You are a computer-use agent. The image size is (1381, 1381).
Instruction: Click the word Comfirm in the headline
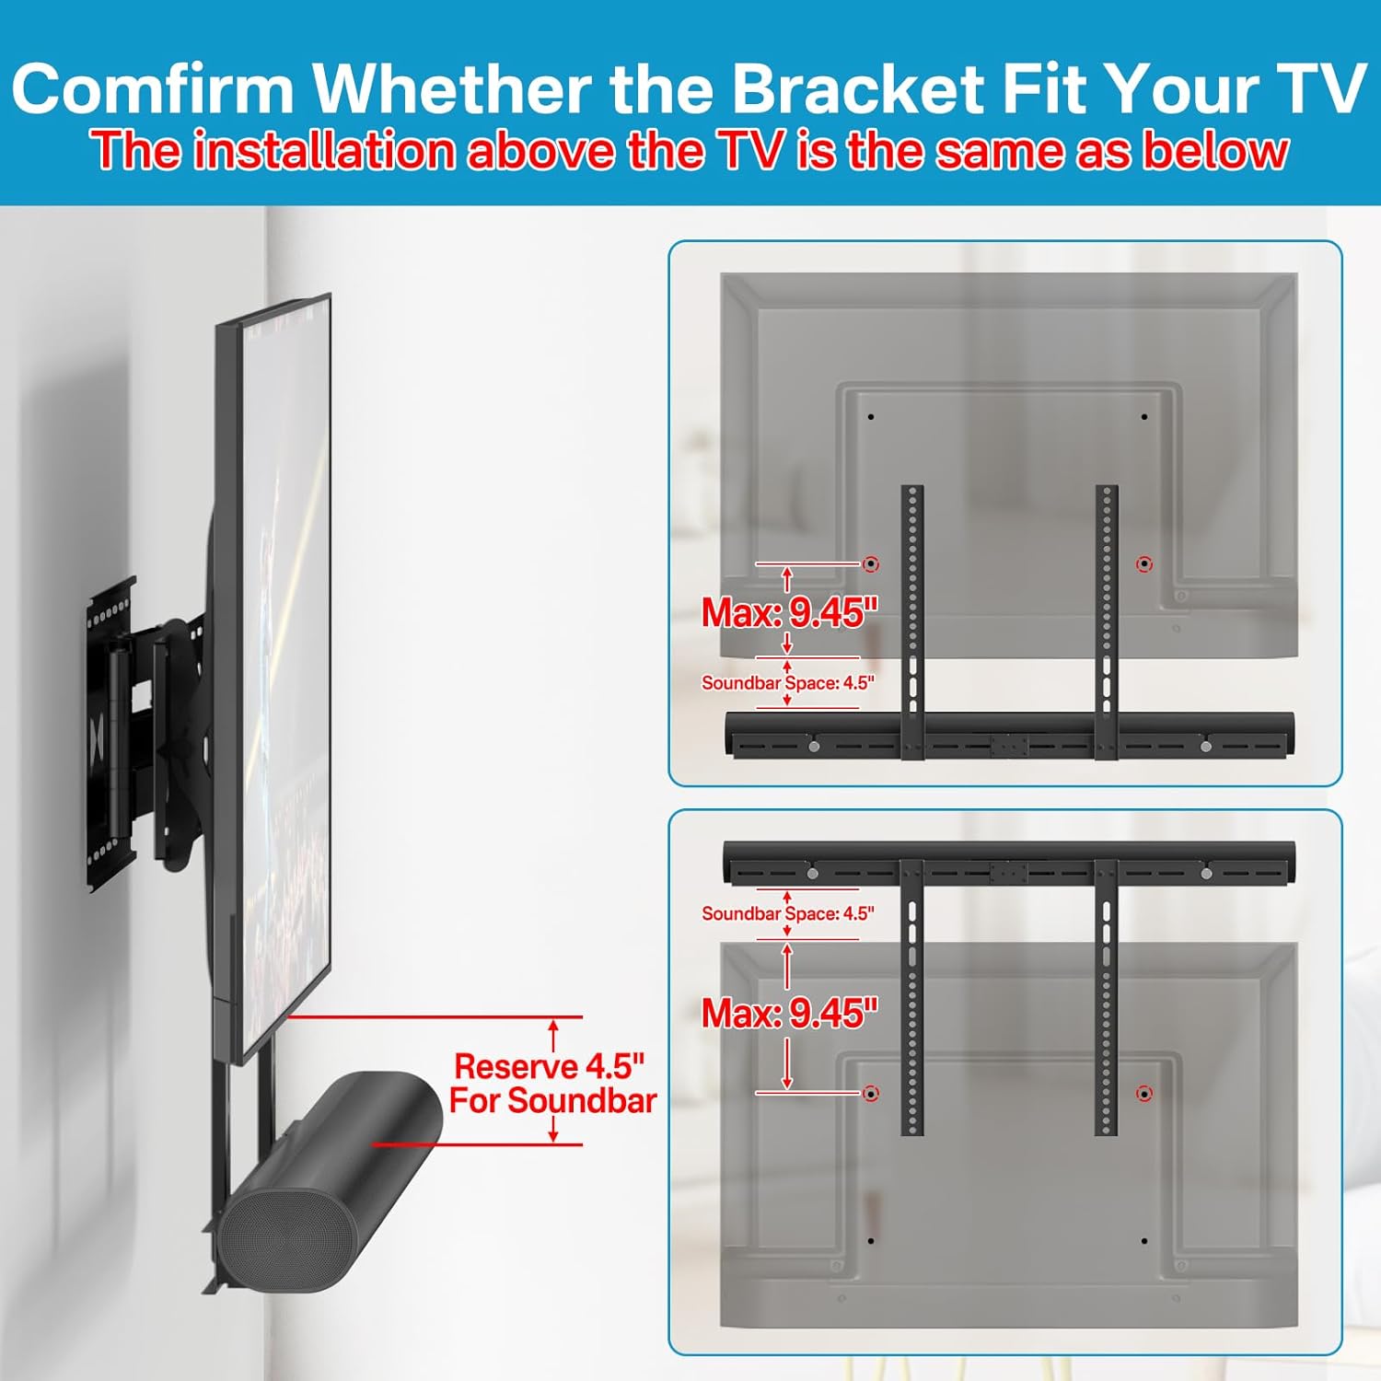click(x=153, y=89)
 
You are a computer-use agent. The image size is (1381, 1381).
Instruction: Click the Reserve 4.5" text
click(x=550, y=1066)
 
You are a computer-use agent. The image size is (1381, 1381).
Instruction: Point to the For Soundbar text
click(x=552, y=1101)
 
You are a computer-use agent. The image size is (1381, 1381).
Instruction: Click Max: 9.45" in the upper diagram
click(x=790, y=613)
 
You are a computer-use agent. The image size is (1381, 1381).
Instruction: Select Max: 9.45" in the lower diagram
click(x=790, y=1014)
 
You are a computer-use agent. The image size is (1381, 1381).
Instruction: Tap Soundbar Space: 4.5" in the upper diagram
click(x=787, y=683)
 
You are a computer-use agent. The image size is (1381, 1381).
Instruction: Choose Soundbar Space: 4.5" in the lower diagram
click(x=787, y=914)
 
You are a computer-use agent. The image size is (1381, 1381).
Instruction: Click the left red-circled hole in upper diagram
click(x=871, y=563)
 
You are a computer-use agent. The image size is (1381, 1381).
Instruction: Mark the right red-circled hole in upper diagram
click(x=1144, y=563)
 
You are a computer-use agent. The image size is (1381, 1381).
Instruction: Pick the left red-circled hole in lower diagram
click(x=871, y=1094)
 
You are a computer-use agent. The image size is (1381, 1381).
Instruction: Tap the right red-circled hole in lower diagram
click(x=1144, y=1094)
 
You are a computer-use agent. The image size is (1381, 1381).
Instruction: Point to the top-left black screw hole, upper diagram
click(x=871, y=417)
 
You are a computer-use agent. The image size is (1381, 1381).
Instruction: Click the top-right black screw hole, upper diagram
click(x=1144, y=417)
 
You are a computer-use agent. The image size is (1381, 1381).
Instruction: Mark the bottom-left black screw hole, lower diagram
click(x=871, y=1241)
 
